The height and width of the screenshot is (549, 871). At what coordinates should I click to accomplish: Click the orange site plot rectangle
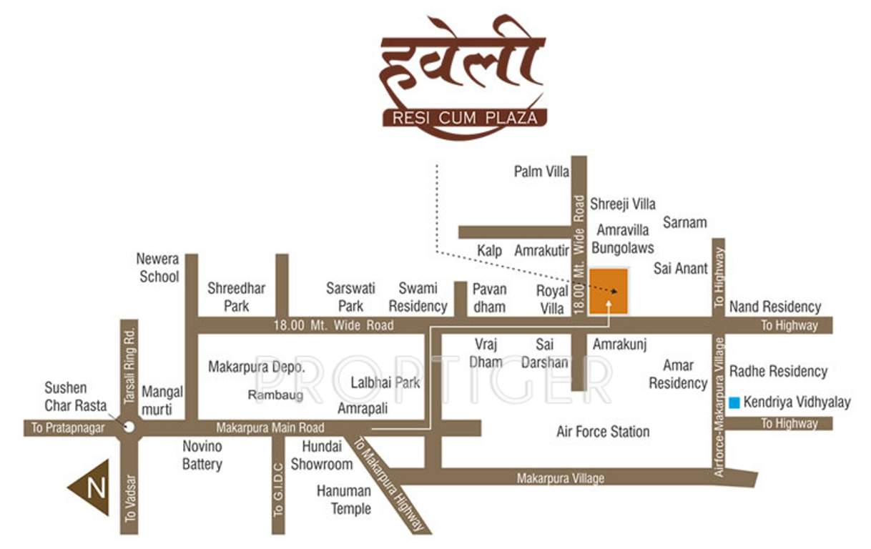coord(609,291)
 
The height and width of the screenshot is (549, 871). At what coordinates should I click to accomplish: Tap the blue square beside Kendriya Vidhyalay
coord(734,403)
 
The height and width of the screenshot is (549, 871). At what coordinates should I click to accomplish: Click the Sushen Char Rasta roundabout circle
coord(129,427)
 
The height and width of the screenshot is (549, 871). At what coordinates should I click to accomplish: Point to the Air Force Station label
coord(603,432)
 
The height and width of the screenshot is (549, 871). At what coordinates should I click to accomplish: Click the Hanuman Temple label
coord(344,500)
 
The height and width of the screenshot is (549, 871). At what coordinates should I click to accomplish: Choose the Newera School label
coord(159,267)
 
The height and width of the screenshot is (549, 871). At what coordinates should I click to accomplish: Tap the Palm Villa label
coord(541,172)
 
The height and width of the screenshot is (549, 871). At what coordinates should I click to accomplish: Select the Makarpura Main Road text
coord(270,428)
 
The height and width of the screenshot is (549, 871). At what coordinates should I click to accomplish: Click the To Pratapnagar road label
coord(67,428)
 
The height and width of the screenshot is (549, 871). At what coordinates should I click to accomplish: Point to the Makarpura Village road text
coord(561,478)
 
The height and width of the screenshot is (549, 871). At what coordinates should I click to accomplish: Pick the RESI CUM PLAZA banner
coord(465,117)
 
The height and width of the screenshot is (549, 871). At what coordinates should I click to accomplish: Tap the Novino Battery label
coord(202,455)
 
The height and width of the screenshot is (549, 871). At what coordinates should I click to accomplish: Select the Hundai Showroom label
coord(321,455)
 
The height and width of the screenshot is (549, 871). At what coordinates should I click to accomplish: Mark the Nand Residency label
coord(775,307)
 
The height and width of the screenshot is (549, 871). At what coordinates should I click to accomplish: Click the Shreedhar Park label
coord(236,297)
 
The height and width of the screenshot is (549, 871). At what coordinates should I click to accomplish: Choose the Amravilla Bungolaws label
coord(623,239)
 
